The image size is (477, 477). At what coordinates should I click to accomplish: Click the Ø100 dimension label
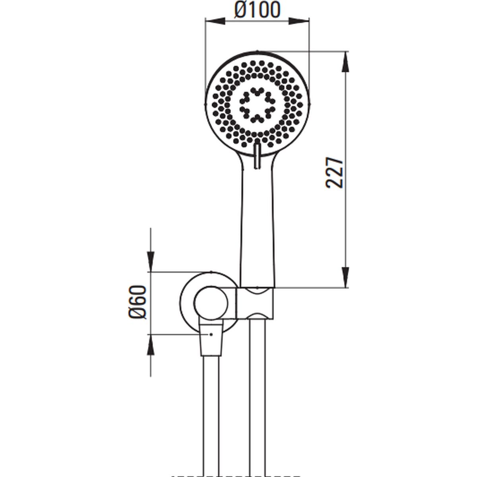[257, 10]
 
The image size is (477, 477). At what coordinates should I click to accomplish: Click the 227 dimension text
[335, 173]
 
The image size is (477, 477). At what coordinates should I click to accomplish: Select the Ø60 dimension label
[138, 302]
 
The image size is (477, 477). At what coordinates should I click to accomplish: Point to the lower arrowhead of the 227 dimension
[345, 277]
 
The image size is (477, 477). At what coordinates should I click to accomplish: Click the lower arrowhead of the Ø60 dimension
[151, 345]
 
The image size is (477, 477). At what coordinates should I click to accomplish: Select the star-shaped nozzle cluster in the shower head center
[257, 105]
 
